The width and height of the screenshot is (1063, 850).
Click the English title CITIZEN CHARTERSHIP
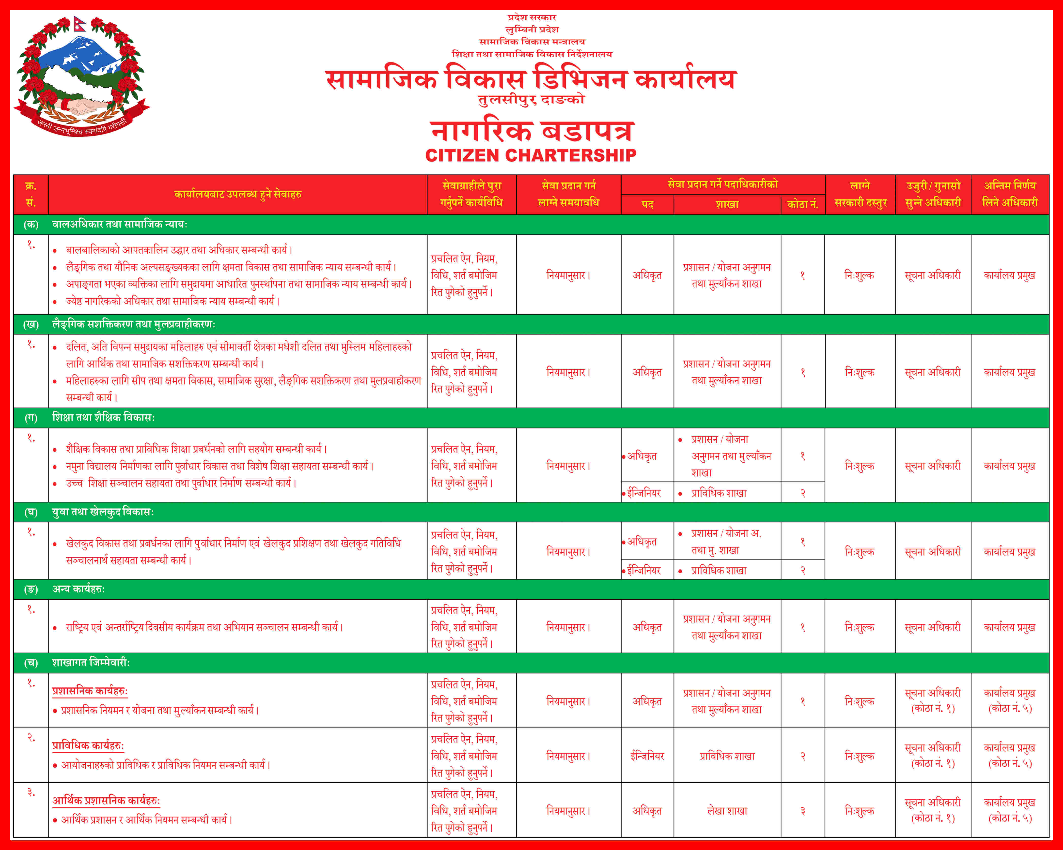[x=531, y=155]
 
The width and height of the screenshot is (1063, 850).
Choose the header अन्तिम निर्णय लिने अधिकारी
[x=1010, y=194]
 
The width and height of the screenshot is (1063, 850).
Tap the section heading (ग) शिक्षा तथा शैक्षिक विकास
[x=104, y=417]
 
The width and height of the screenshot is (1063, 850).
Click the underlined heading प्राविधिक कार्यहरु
[x=88, y=745]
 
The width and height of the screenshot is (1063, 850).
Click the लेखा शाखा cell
[x=727, y=811]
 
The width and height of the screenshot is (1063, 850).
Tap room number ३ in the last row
[x=803, y=811]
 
